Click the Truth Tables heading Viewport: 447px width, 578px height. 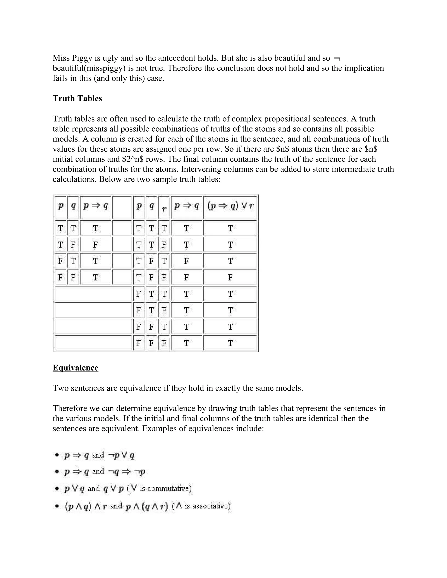(77, 98)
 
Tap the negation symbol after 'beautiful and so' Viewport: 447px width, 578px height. (337, 58)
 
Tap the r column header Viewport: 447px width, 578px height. (164, 208)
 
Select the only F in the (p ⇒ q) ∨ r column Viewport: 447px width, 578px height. (230, 278)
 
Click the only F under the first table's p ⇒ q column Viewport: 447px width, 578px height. (95, 245)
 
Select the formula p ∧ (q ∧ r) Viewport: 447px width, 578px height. (147, 506)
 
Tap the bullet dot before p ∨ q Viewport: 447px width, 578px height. (57, 489)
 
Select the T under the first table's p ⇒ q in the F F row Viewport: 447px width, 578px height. (95, 278)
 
